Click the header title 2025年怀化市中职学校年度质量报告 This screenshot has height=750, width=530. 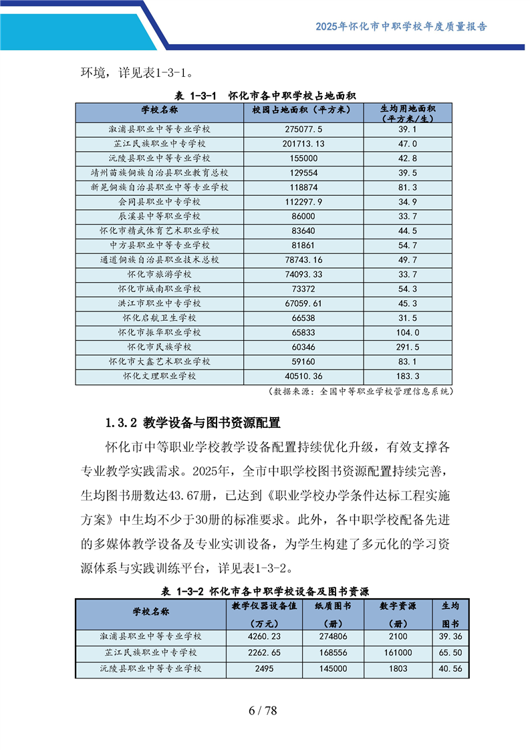click(401, 27)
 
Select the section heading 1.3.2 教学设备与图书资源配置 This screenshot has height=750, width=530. click(192, 422)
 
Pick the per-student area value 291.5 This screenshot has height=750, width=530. click(407, 347)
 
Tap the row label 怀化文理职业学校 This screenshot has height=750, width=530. click(159, 376)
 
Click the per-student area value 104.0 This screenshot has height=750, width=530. click(407, 332)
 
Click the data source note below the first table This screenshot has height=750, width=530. click(361, 391)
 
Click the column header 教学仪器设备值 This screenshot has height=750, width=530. click(264, 606)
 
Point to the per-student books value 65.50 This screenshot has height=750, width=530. click(452, 652)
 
